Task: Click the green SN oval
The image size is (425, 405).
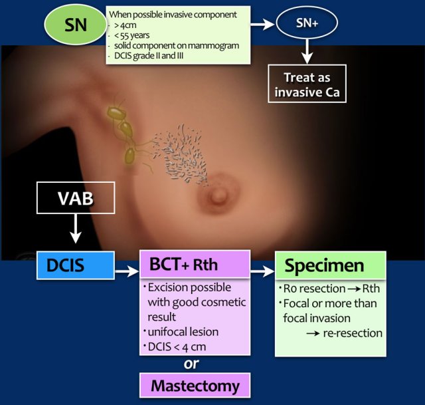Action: pos(72,25)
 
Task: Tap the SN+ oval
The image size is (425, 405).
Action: pos(306,24)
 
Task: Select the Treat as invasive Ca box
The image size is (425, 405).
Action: pos(306,84)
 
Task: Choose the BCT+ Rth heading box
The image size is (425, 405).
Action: pos(195,266)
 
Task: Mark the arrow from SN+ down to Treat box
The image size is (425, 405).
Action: pos(306,51)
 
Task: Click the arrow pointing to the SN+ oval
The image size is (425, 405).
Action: pos(264,24)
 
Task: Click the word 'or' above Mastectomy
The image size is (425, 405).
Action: pos(192,364)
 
